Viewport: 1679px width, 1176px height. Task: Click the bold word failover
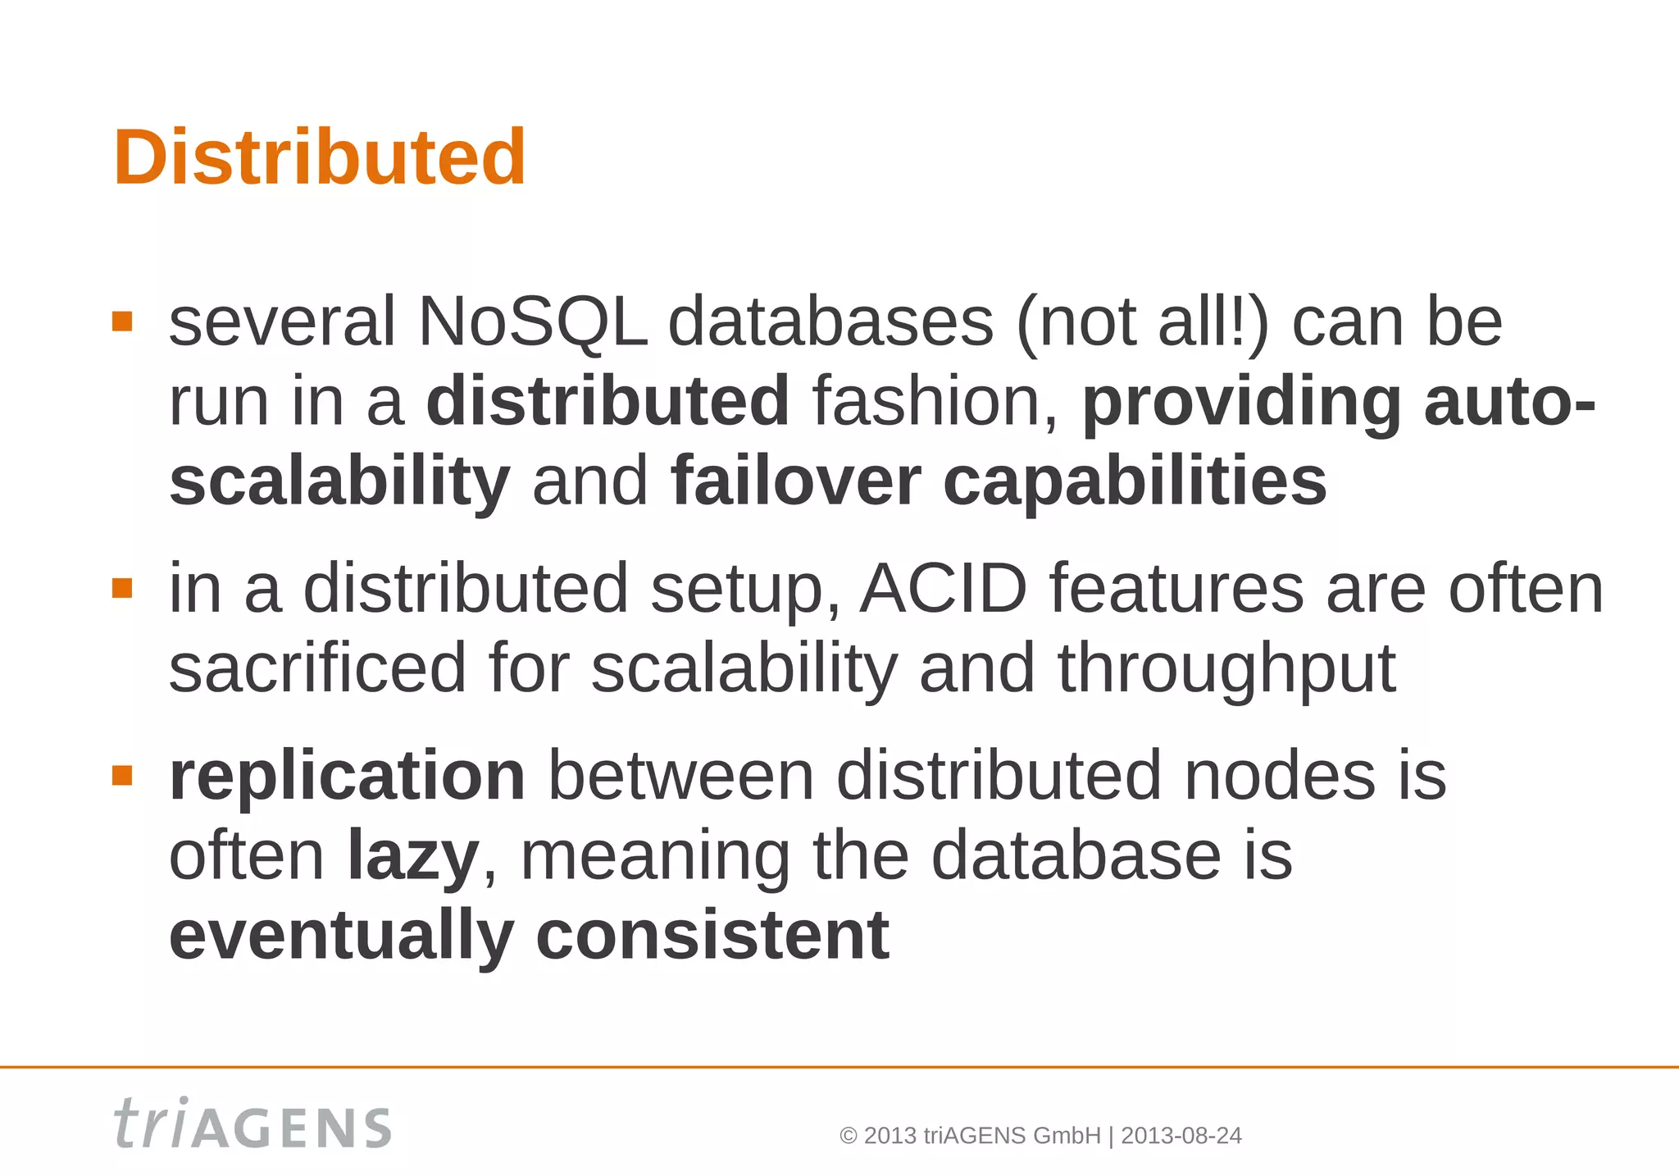point(795,481)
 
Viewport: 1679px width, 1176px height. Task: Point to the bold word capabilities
point(1135,481)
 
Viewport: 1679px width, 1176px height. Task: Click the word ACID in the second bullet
point(943,588)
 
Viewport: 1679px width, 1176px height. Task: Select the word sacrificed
point(317,668)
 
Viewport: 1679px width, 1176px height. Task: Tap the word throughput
point(1226,668)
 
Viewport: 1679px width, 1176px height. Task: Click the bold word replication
point(347,775)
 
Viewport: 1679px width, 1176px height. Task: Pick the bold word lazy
point(413,855)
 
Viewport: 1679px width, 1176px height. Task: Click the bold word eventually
point(341,935)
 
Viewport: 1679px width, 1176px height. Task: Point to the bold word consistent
point(712,935)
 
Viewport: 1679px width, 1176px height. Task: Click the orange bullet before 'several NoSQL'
point(122,321)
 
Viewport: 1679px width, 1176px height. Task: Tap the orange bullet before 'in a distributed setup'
point(122,588)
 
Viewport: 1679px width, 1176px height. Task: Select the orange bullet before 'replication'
point(122,775)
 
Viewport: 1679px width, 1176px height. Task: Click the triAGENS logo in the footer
point(253,1124)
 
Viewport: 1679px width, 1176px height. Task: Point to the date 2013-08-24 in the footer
point(1181,1136)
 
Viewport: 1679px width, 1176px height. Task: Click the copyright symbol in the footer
point(849,1136)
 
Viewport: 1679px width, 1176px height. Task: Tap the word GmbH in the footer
point(1067,1136)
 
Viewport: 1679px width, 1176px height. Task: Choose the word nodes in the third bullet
point(1279,775)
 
